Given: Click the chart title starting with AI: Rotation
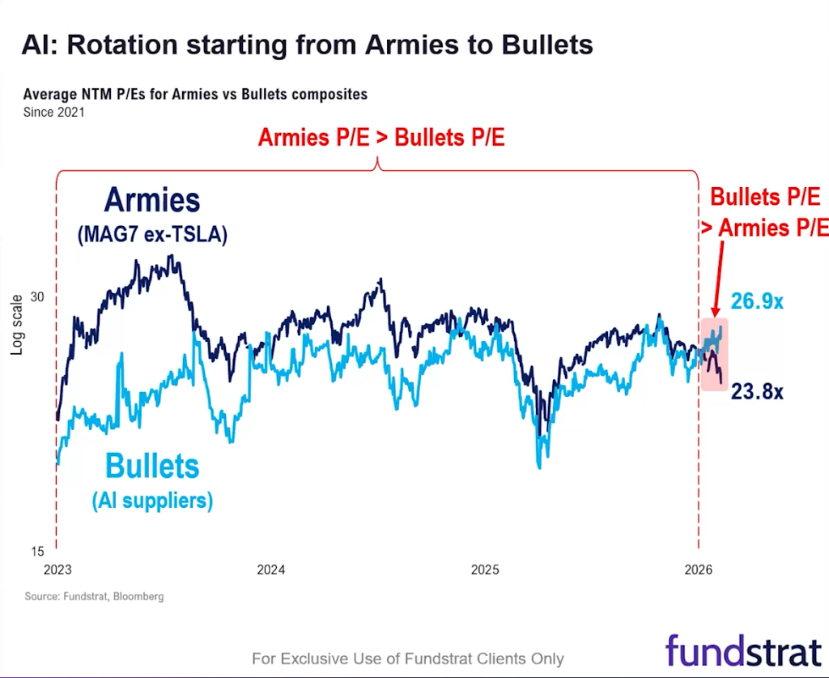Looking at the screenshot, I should (x=307, y=44).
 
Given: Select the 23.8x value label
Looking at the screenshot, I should (x=757, y=392).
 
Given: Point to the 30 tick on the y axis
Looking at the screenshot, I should (x=37, y=296).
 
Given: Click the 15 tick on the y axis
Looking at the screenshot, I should (x=37, y=552).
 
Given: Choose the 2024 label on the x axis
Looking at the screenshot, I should (x=271, y=569).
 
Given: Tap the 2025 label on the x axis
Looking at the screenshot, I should (x=485, y=569).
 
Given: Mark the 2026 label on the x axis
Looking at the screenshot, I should (x=698, y=569).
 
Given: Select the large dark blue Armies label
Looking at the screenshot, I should (x=151, y=200).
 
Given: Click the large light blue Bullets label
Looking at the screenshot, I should (x=152, y=467).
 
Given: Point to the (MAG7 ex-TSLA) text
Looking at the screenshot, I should (x=152, y=236).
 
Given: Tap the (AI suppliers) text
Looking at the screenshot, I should (x=152, y=501).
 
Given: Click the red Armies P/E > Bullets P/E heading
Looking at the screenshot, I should (x=381, y=138).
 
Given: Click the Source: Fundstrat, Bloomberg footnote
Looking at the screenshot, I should (x=94, y=597).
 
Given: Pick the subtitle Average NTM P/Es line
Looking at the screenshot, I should (x=195, y=95).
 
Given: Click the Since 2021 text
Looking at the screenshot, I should (x=53, y=113).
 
